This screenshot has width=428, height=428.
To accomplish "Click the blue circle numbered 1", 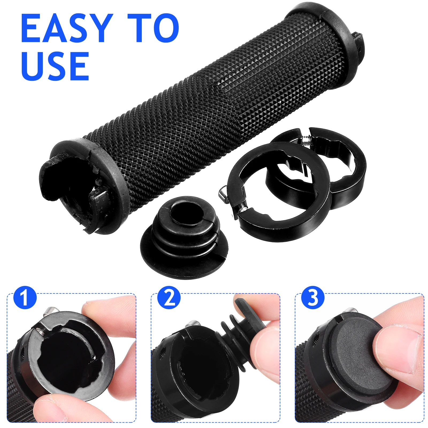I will click(x=25, y=297).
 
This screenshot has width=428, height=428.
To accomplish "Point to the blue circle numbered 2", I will click(x=169, y=297).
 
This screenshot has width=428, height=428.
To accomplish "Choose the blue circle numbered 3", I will click(x=313, y=297).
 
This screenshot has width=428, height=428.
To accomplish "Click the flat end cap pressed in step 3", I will click(x=356, y=353).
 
